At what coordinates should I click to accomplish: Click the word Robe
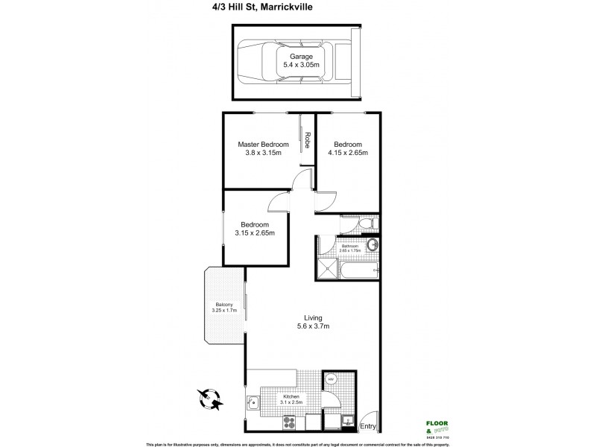[x=307, y=139]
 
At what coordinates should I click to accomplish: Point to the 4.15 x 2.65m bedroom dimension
[x=348, y=153]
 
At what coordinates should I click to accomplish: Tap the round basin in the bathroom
[x=372, y=244]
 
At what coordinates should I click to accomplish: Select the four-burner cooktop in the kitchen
[x=290, y=422]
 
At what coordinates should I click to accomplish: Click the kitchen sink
[x=254, y=406]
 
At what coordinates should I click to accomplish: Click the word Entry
[x=367, y=426]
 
